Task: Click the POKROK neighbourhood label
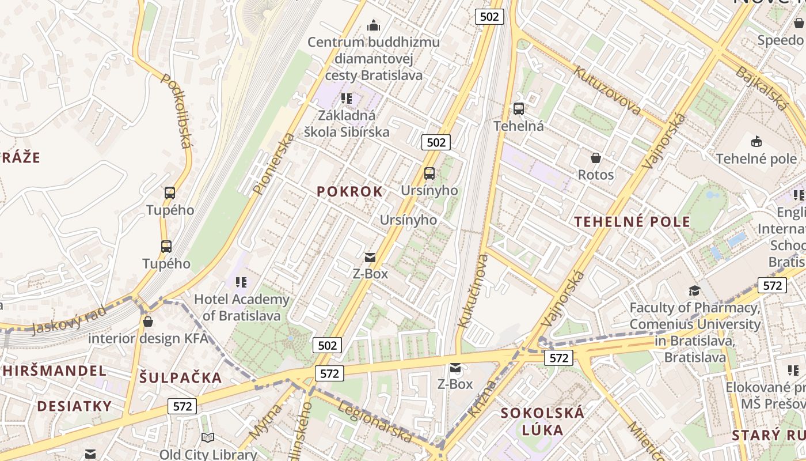(x=349, y=192)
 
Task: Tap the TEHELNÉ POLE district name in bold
(x=632, y=222)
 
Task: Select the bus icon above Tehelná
(x=519, y=109)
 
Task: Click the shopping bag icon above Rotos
(x=596, y=157)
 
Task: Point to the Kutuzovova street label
(x=607, y=89)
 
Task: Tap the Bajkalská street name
(x=761, y=88)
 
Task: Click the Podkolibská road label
(x=176, y=110)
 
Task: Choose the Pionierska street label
(x=273, y=164)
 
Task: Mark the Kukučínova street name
(x=473, y=291)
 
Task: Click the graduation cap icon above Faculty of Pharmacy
(x=695, y=290)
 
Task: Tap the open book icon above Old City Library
(x=208, y=438)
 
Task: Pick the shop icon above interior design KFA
(x=148, y=322)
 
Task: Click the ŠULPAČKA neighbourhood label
(x=180, y=378)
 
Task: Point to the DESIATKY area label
(x=74, y=406)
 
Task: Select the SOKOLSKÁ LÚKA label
(x=542, y=421)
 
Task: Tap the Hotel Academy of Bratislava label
(x=242, y=307)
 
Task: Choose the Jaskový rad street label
(x=69, y=320)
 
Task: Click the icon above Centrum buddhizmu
(x=374, y=25)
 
